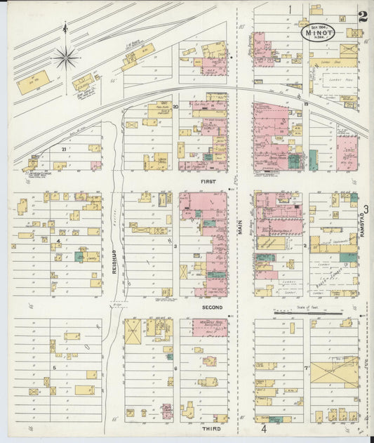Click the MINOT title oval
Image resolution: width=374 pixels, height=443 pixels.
tap(318, 32)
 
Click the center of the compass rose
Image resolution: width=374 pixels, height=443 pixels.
tap(66, 58)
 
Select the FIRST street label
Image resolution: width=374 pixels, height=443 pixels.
tap(208, 181)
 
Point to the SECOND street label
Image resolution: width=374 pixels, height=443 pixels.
tap(212, 308)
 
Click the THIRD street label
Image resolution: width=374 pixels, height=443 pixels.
tap(211, 428)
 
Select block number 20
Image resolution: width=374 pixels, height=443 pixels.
tap(176, 107)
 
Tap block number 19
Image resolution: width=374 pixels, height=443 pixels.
tap(307, 104)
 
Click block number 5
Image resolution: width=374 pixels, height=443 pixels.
tap(54, 366)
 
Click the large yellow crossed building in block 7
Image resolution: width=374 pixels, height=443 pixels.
tap(334, 371)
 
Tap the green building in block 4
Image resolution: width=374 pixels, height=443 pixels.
tap(79, 256)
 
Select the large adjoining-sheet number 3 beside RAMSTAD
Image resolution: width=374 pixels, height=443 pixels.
tap(365, 208)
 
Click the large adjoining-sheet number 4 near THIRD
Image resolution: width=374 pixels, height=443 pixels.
tap(264, 428)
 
